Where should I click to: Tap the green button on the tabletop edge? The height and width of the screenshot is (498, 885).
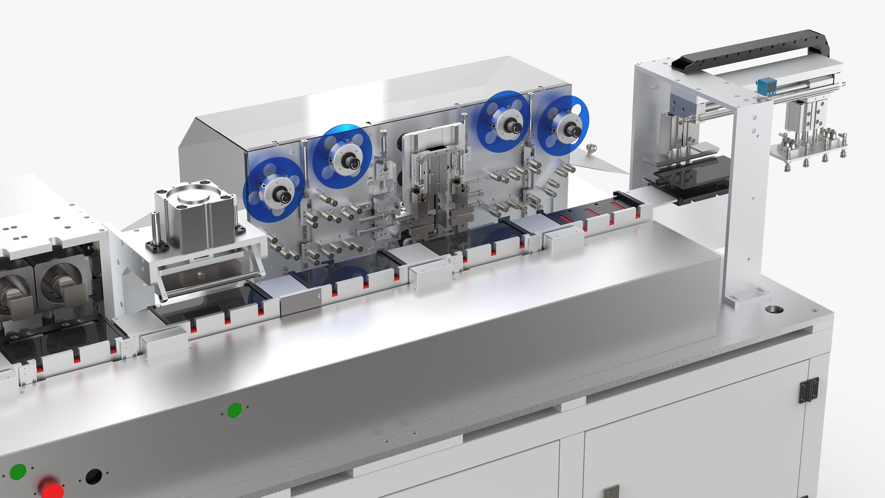[235, 410]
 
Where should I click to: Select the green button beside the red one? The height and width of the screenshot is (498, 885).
[18, 472]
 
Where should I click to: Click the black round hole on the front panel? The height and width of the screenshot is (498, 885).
[94, 476]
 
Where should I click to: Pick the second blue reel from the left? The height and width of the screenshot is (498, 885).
[342, 156]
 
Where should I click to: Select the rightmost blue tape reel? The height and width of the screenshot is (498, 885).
[563, 125]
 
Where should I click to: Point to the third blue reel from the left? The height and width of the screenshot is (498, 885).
[503, 121]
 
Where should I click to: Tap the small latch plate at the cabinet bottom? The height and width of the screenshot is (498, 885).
[611, 492]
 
